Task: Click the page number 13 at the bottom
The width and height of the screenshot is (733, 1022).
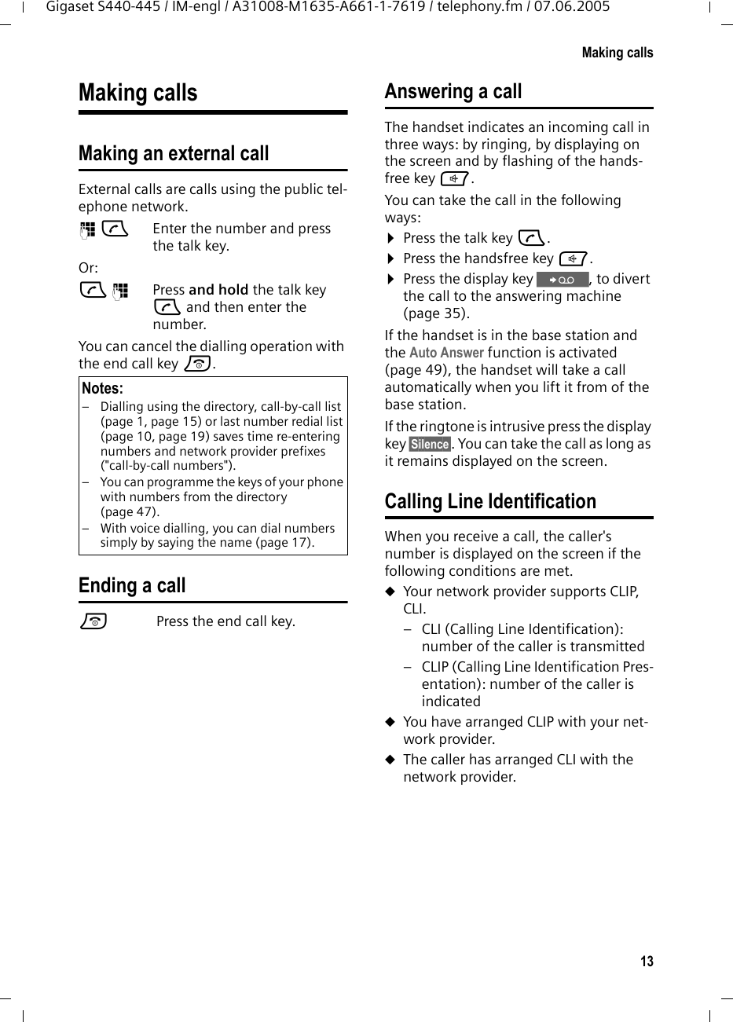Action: (646, 962)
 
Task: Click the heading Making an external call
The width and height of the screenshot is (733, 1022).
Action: (174, 153)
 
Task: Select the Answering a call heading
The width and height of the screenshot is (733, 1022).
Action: (453, 92)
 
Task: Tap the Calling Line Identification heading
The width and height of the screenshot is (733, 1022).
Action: (490, 501)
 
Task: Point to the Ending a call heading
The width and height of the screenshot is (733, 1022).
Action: (132, 585)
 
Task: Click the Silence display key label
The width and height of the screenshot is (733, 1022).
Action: (430, 445)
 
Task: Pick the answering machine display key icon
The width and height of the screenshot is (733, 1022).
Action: (562, 280)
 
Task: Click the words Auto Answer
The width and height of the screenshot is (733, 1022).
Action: (446, 353)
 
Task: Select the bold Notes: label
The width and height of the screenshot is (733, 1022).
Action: (102, 389)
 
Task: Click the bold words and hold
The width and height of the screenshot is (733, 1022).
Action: (218, 290)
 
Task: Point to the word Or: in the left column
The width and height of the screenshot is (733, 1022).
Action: (88, 268)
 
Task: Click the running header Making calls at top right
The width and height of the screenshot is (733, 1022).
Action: (617, 53)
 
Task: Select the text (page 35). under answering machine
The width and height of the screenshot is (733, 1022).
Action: (436, 313)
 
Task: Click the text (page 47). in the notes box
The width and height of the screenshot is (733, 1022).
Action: (130, 512)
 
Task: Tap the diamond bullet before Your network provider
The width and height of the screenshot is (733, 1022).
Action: (389, 592)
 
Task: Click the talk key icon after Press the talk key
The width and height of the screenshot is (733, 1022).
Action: (531, 238)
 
